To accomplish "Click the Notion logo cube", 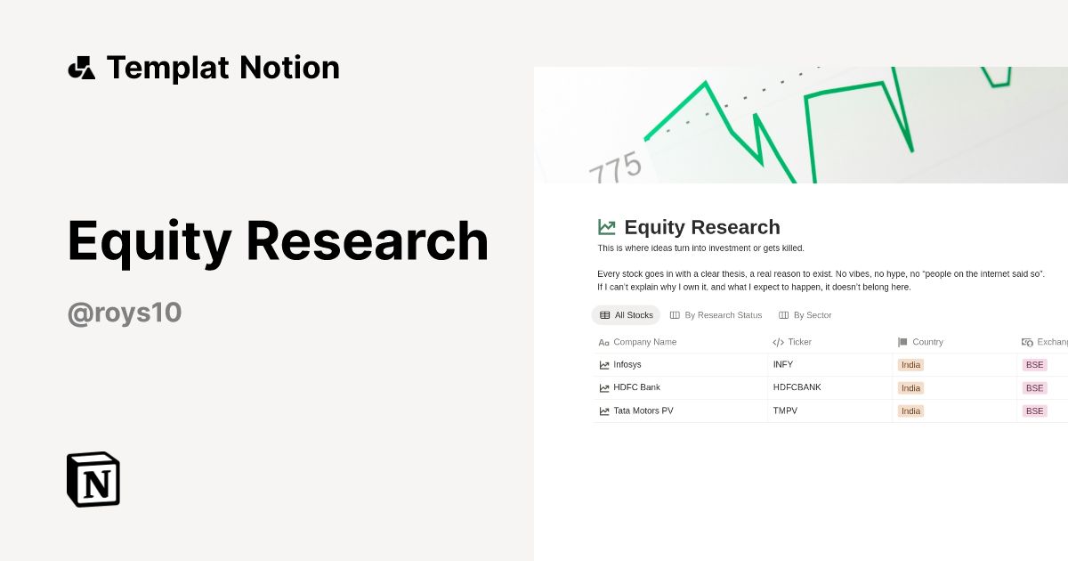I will point(93,479).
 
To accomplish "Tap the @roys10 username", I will point(125,313).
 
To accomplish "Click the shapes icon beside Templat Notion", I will point(82,68).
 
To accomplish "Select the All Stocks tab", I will point(627,315).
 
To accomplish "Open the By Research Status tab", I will point(716,315).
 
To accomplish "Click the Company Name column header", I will point(644,342).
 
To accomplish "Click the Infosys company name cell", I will point(627,364).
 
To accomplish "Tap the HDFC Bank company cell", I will point(636,387).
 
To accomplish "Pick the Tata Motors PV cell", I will point(643,411).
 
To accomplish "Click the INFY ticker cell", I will point(783,364).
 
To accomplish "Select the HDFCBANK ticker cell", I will point(797,387).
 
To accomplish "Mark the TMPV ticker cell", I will point(786,411).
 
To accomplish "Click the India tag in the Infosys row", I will point(910,364).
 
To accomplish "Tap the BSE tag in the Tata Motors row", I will point(1034,411).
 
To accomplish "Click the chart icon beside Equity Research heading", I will point(607,227).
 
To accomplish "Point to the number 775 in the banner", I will point(615,167).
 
